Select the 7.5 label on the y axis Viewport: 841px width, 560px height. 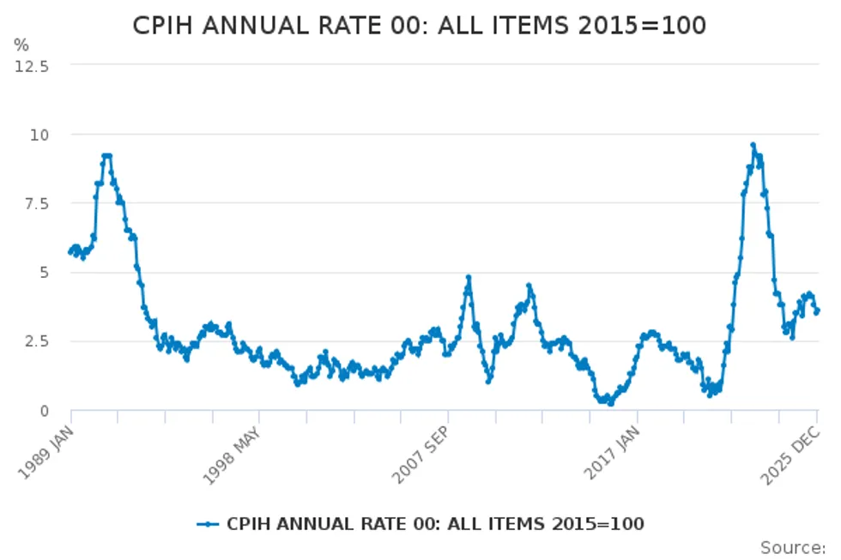[x=36, y=203]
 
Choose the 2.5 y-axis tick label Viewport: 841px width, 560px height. [x=36, y=341]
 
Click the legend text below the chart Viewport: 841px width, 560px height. [x=435, y=523]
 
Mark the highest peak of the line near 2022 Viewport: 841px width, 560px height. [x=753, y=145]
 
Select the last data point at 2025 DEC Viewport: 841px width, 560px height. [x=817, y=310]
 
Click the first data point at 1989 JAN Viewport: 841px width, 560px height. [x=70, y=252]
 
